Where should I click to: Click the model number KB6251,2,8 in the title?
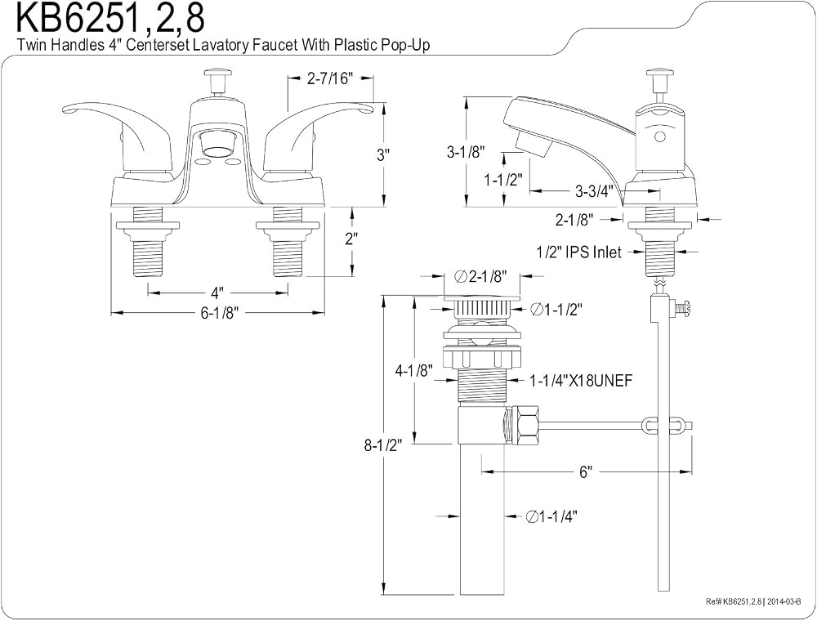110,18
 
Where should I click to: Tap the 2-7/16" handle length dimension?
330,78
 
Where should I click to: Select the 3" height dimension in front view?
383,154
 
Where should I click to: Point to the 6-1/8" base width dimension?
219,313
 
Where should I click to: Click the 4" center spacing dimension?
217,292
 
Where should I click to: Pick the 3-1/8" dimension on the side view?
466,152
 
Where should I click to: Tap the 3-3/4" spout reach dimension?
594,191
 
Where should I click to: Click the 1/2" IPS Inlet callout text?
579,252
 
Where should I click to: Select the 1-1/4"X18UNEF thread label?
581,381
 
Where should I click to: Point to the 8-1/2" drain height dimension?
383,446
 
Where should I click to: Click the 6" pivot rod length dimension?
586,472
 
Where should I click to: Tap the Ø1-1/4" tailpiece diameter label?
551,516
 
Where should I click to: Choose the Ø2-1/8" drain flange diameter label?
480,277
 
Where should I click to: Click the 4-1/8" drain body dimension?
413,371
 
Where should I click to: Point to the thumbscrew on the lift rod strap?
684,307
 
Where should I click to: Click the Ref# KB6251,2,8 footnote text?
757,601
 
